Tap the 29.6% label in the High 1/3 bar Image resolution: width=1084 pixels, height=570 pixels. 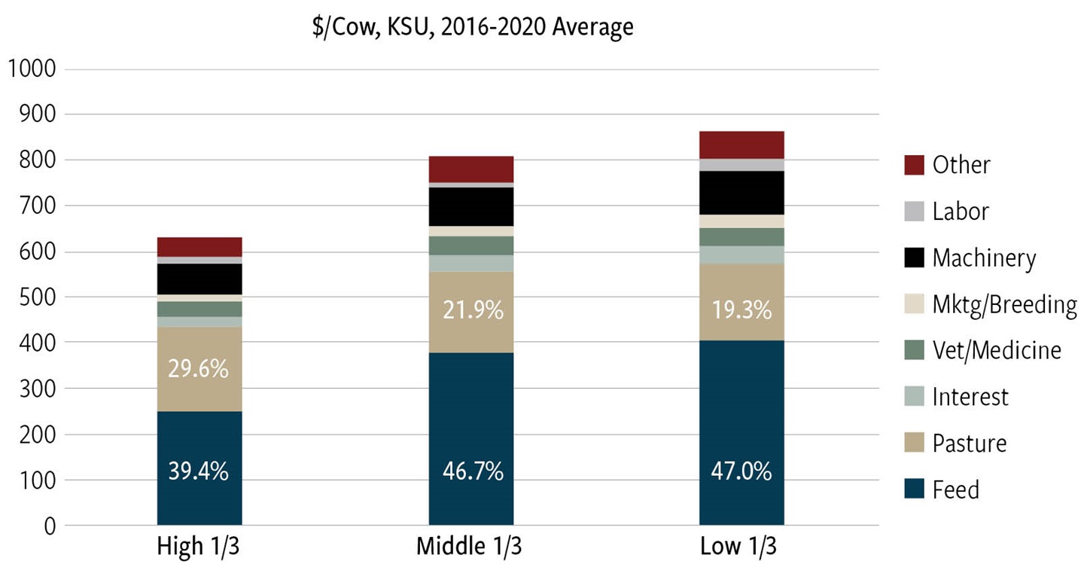coord(199,370)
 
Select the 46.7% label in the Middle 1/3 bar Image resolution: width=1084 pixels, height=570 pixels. coord(471,472)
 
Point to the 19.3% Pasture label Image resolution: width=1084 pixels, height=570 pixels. coord(741,309)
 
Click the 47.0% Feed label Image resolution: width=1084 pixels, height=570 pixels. coord(741,472)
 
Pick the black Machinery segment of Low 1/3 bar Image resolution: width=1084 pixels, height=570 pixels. coord(741,193)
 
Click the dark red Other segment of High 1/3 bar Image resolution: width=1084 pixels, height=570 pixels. coord(199,247)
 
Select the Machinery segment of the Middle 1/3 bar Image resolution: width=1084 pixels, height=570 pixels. coord(471,206)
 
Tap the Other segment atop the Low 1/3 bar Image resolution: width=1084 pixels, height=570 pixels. coord(741,145)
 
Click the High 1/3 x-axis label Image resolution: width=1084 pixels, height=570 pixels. coord(199,547)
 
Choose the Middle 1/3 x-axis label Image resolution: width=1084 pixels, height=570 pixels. coord(469,547)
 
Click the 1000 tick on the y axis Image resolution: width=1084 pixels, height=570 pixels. coord(31,69)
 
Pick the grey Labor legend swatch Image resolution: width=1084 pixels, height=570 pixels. coord(913,212)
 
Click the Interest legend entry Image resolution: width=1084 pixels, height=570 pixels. coord(970,397)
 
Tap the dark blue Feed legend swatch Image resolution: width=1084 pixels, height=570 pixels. coord(913,489)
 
